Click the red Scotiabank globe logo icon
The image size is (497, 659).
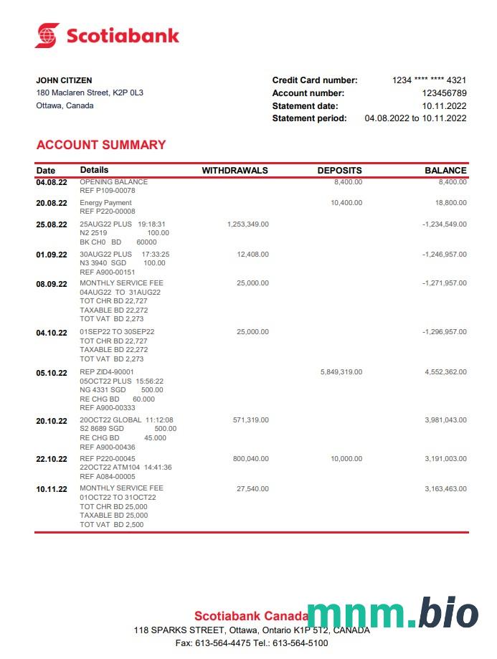[47, 35]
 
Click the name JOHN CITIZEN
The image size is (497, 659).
[64, 80]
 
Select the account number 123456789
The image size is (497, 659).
[444, 93]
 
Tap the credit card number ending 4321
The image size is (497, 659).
[429, 80]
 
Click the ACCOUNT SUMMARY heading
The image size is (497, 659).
[101, 145]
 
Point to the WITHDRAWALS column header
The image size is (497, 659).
[235, 171]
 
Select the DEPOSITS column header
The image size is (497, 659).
[339, 171]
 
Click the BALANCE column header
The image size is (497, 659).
[445, 171]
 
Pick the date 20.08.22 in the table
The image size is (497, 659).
[52, 203]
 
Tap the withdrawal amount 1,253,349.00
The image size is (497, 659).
[247, 224]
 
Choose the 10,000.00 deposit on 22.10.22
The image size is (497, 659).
[346, 459]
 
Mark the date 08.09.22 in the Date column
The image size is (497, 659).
[52, 283]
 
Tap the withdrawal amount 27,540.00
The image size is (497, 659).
[253, 489]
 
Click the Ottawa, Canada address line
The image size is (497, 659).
[65, 106]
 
